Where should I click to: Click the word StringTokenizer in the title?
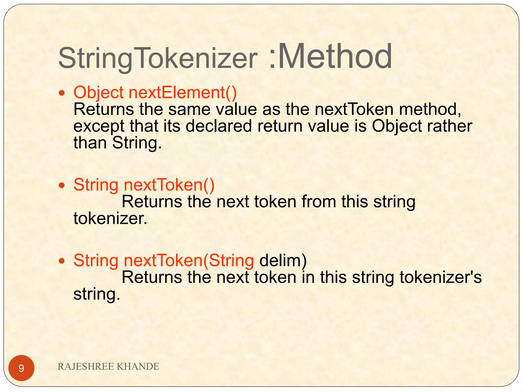coord(158,58)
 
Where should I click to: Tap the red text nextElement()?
coord(183,92)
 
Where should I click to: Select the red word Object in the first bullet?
coord(99,92)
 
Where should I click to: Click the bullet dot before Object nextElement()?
coord(62,93)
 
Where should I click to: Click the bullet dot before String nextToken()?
coord(62,185)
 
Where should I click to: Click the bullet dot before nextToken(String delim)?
coord(62,261)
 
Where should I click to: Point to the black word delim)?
coord(283,261)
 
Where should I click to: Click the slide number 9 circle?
coord(21,368)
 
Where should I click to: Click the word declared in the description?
coord(219,126)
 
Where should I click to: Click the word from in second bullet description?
coord(319,202)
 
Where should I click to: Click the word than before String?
coord(90,143)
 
